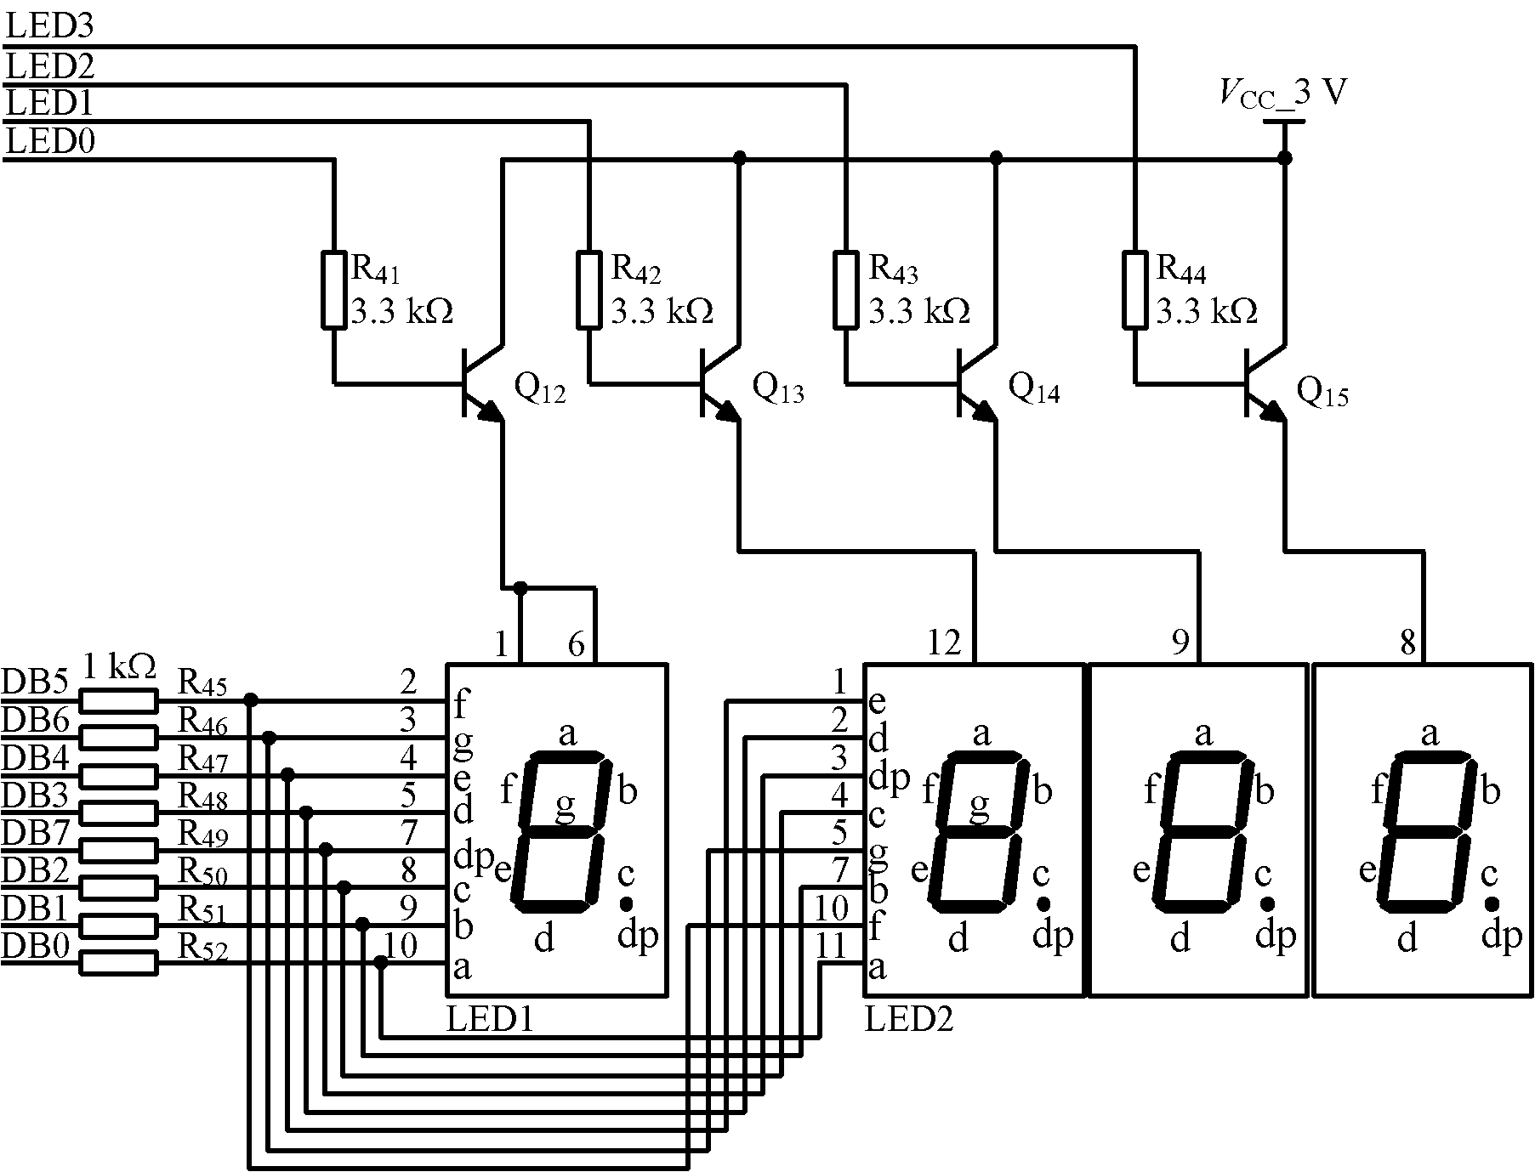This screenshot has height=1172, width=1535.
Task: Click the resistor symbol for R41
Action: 333,289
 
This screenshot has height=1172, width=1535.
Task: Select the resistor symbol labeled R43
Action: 845,289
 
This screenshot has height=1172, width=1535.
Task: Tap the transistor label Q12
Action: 539,389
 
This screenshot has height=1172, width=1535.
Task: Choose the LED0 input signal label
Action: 49,141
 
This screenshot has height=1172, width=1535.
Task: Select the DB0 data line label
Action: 35,945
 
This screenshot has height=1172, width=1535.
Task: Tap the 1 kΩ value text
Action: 119,667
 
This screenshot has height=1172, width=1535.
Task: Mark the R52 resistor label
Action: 202,947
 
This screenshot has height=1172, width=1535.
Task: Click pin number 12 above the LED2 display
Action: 944,643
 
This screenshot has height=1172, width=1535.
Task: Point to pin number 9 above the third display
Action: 1180,643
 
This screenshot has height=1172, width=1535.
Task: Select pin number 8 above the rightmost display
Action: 1408,643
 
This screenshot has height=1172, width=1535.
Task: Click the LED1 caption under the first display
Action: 490,1020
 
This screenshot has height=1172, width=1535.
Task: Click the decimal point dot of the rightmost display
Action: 1492,903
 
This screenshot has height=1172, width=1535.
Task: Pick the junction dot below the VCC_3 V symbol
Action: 1284,158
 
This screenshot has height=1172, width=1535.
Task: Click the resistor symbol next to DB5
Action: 119,700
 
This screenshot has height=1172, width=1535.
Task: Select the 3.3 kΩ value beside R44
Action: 1206,311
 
